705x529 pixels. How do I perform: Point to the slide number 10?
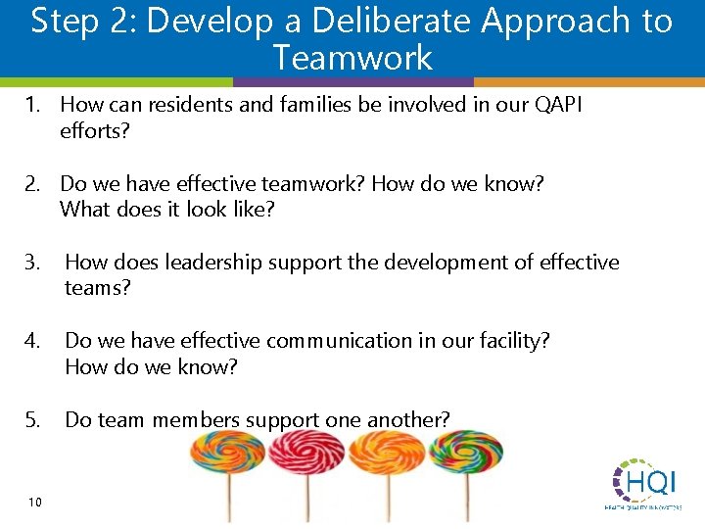coord(35,503)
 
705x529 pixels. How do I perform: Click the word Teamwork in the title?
coord(352,58)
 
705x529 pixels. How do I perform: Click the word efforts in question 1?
coord(94,130)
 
